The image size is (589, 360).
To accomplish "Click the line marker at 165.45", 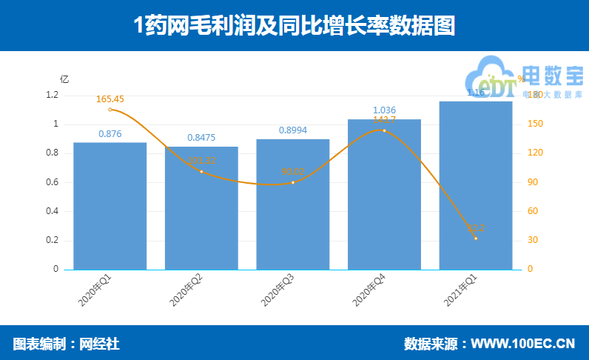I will point(110,110).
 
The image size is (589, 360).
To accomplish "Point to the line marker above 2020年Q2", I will point(201,172).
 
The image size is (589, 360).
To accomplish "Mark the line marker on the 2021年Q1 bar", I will point(476,239).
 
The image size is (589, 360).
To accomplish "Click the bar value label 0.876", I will point(110,134).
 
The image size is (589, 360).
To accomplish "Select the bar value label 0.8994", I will point(293,130).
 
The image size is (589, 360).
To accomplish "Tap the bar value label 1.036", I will point(384,110).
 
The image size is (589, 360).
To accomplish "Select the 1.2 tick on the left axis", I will point(52,96).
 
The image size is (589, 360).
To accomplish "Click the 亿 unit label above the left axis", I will point(64,79).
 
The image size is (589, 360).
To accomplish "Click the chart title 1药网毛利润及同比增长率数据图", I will point(294,27).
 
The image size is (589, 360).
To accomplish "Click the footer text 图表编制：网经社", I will point(67,344).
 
